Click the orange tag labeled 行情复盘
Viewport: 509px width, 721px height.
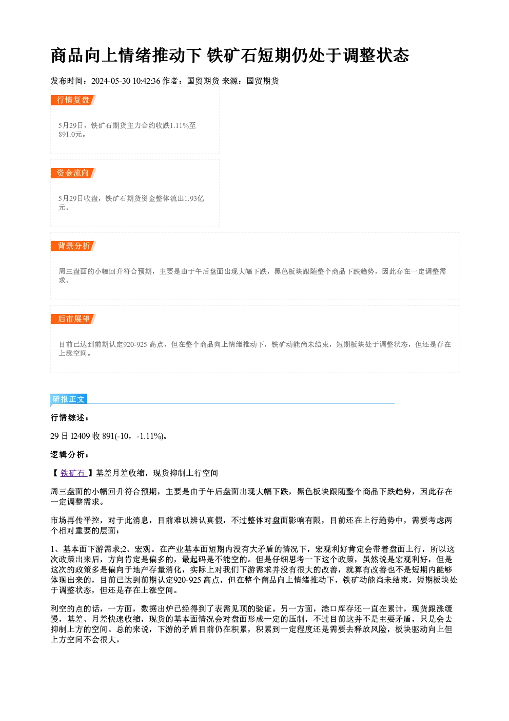[x=73, y=100]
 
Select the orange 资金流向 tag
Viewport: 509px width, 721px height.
[x=73, y=173]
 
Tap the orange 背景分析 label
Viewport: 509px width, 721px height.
[x=73, y=246]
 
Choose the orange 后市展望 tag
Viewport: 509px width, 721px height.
[x=73, y=319]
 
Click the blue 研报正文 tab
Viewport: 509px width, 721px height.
[x=69, y=399]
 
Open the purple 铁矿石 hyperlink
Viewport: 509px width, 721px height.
[x=73, y=473]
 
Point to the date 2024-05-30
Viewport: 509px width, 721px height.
[x=111, y=81]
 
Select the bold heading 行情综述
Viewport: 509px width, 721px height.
[x=69, y=418]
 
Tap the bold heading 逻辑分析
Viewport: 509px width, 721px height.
[x=69, y=454]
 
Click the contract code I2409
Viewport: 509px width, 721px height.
[x=81, y=436]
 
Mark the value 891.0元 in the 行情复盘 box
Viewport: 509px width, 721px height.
[x=70, y=135]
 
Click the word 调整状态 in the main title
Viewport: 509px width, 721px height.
[x=376, y=55]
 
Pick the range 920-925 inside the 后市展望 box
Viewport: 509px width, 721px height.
[x=135, y=344]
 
